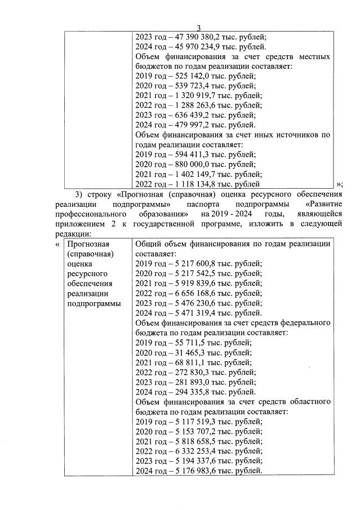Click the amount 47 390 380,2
coord(195,37)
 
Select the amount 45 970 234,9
coord(195,47)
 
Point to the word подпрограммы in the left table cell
coord(94,303)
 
